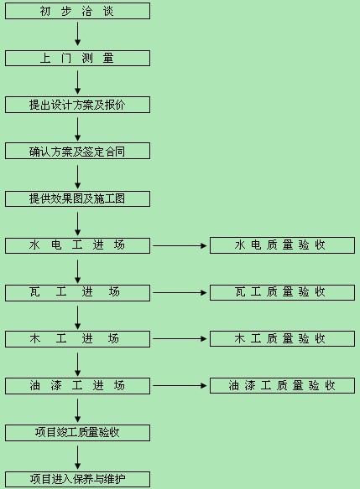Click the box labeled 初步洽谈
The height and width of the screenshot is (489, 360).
pos(77,11)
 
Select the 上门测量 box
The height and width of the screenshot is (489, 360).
pos(77,59)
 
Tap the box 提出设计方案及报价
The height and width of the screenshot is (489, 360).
pos(77,105)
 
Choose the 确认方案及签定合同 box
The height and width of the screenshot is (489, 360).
pos(77,152)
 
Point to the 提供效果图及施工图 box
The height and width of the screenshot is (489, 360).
pos(77,198)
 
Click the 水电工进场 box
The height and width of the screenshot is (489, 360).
pos(77,245)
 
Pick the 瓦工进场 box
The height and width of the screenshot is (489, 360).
pos(77,292)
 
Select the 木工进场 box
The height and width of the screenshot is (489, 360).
pos(77,339)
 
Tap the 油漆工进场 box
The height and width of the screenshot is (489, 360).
pos(77,386)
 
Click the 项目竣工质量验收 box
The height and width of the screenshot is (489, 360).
pos(77,433)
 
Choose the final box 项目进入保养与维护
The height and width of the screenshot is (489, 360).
pos(77,479)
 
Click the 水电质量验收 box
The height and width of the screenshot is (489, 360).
pos(282,245)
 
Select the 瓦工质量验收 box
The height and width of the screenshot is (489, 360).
pos(282,292)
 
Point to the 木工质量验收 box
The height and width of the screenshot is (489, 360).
pos(282,338)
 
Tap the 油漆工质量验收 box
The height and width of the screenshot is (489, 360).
pos(282,385)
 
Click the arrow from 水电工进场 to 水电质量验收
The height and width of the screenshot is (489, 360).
pos(180,245)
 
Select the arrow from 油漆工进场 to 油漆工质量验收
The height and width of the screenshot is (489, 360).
pos(180,386)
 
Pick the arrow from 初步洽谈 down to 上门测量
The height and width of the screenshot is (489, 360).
pos(77,33)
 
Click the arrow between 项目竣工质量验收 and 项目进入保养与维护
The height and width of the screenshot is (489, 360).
pos(77,457)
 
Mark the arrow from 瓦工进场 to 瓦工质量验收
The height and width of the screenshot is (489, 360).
pos(180,292)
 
